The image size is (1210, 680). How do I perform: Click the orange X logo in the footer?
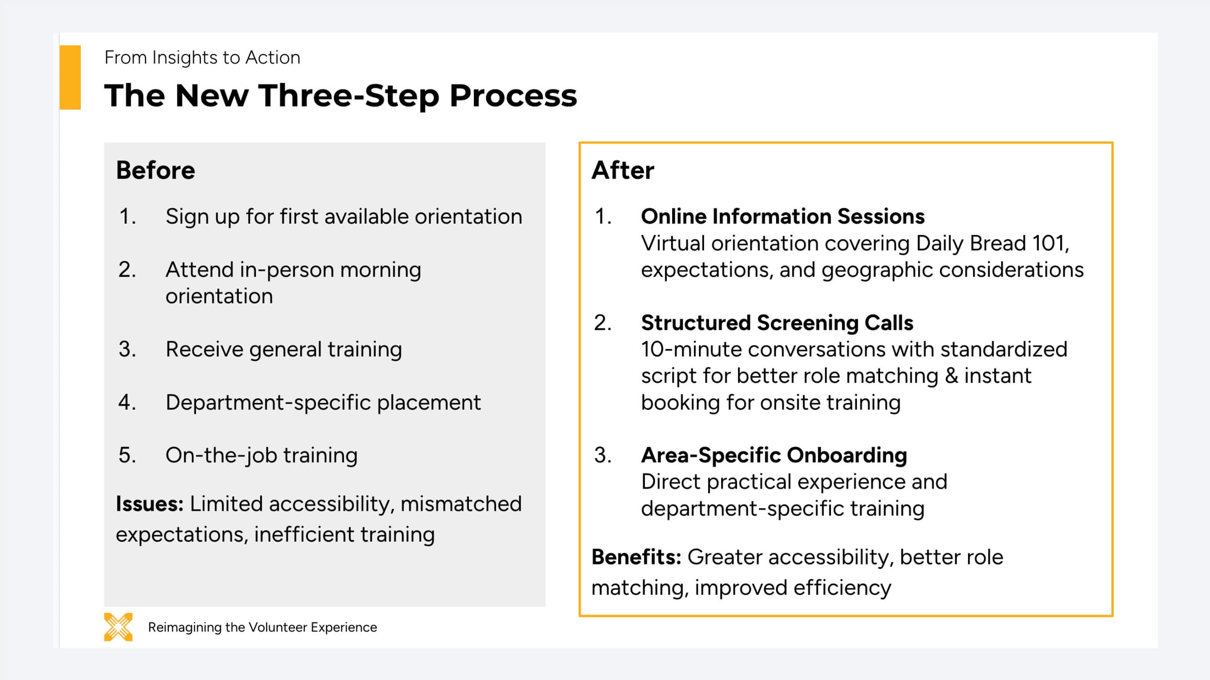[118, 626]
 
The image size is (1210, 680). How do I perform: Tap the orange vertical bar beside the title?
[70, 78]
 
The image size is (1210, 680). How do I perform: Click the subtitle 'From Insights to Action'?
[202, 57]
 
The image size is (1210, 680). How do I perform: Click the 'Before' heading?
[156, 170]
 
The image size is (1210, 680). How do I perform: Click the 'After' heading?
[622, 170]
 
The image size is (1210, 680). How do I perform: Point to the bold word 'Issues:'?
[150, 504]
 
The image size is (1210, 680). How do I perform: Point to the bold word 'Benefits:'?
[636, 558]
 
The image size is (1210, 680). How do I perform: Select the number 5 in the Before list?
[127, 455]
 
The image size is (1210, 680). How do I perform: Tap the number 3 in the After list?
[603, 455]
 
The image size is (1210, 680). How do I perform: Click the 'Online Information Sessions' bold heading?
[782, 216]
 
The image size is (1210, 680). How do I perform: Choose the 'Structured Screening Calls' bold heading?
[777, 323]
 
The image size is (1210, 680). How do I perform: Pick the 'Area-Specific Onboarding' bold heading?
[774, 455]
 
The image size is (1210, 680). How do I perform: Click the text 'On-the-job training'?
[261, 455]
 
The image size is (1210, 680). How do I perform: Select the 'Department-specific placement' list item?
[323, 402]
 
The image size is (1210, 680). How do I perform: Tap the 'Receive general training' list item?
[284, 349]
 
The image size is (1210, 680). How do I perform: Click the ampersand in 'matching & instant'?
[951, 376]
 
